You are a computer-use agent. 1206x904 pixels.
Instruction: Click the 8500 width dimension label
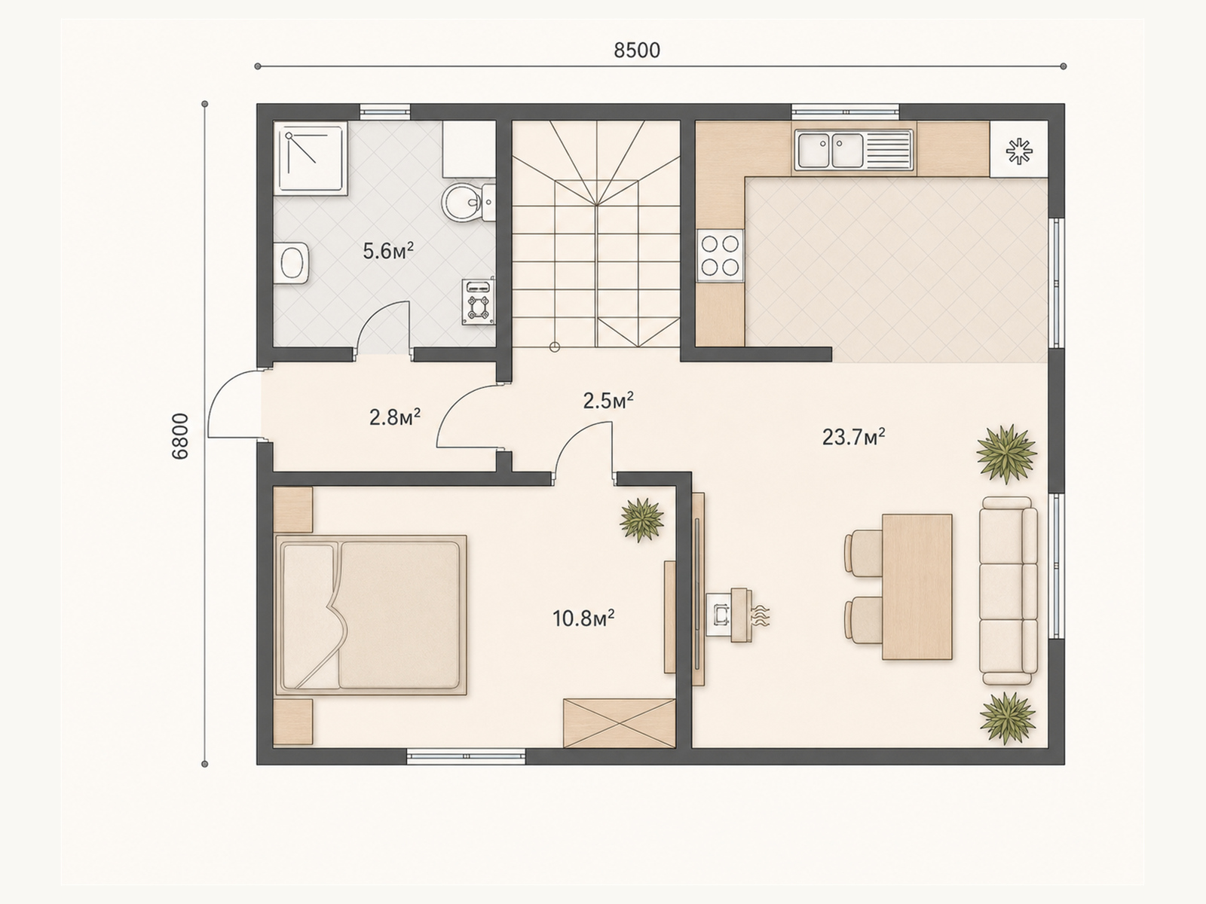pyautogui.click(x=637, y=50)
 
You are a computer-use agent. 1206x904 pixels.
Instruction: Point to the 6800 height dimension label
pyautogui.click(x=180, y=436)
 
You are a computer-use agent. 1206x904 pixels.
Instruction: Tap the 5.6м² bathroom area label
pyautogui.click(x=388, y=251)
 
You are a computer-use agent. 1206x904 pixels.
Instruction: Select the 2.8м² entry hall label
pyautogui.click(x=395, y=417)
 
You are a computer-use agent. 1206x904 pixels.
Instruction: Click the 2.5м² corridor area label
pyautogui.click(x=608, y=401)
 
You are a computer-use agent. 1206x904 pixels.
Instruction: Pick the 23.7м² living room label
pyautogui.click(x=853, y=437)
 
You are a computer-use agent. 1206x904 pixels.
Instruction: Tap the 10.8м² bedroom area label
pyautogui.click(x=583, y=618)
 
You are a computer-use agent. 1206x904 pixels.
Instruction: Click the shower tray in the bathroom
pyautogui.click(x=311, y=158)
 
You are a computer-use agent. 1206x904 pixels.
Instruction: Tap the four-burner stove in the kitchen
pyautogui.click(x=720, y=255)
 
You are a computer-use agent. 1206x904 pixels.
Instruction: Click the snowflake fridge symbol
pyautogui.click(x=1018, y=151)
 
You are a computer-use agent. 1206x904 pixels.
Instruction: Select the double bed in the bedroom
pyautogui.click(x=370, y=615)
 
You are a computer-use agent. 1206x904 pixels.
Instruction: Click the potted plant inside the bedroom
pyautogui.click(x=641, y=519)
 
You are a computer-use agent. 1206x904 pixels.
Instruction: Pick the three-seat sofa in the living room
pyautogui.click(x=1009, y=591)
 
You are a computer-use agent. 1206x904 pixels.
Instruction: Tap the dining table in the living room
pyautogui.click(x=917, y=587)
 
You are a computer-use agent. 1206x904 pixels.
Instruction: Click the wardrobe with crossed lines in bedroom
pyautogui.click(x=620, y=723)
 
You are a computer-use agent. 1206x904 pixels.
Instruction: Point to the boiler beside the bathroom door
pyautogui.click(x=479, y=302)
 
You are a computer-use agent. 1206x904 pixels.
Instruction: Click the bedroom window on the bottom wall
pyautogui.click(x=466, y=756)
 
